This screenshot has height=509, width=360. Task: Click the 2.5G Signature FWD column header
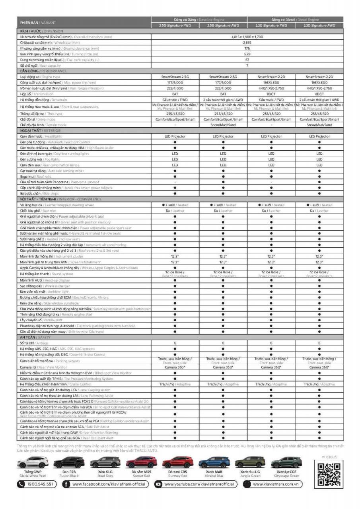click(175, 25)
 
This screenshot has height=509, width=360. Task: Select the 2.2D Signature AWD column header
click(319, 25)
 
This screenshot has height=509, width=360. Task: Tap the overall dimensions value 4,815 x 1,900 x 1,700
click(247, 37)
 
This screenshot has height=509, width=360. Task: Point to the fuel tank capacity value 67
click(247, 60)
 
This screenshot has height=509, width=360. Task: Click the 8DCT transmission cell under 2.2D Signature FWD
click(271, 94)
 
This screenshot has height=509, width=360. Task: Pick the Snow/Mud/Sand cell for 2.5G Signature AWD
click(223, 125)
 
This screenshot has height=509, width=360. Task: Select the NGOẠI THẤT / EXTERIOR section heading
click(39, 130)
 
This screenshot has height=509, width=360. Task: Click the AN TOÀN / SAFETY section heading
click(35, 337)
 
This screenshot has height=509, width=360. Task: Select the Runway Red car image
click(178, 462)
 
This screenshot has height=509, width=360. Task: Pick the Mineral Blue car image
click(214, 462)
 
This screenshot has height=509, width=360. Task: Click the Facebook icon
click(66, 484)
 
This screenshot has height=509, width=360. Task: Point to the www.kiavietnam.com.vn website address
click(276, 484)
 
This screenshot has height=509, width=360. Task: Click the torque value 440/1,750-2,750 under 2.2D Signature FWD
click(271, 88)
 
